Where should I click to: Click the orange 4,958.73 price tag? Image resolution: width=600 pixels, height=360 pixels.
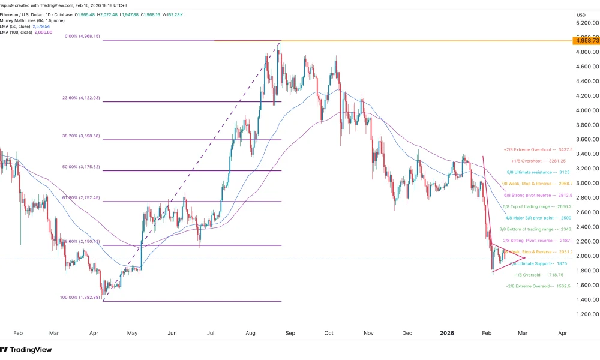[584, 41]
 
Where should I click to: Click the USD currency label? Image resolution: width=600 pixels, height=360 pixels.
[580, 14]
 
